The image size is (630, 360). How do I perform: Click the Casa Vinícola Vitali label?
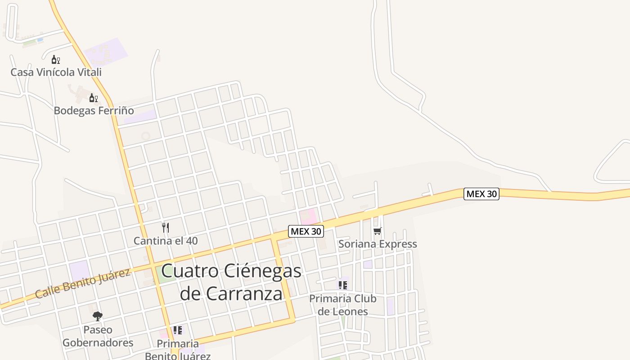click(x=56, y=72)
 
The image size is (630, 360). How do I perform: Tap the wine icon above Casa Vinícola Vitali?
click(x=55, y=59)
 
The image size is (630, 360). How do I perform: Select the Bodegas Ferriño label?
click(x=94, y=110)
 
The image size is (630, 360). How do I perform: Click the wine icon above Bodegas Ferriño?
click(x=93, y=98)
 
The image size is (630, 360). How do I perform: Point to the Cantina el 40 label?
click(x=166, y=241)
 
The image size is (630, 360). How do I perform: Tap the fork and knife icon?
click(x=166, y=228)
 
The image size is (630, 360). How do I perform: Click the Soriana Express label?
click(x=378, y=244)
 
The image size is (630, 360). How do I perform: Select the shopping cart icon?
click(x=378, y=231)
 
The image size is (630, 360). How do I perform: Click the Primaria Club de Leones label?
click(x=343, y=305)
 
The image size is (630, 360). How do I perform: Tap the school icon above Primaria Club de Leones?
click(x=343, y=285)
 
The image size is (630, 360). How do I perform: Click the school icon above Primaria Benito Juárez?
click(x=178, y=331)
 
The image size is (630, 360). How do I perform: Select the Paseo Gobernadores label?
click(x=98, y=336)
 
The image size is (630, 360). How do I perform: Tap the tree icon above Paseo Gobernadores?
click(x=98, y=316)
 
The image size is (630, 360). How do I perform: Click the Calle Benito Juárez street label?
click(x=83, y=283)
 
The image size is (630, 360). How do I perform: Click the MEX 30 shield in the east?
click(x=481, y=194)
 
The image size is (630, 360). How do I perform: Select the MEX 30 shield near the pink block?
click(x=306, y=231)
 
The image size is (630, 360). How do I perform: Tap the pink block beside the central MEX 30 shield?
click(x=308, y=216)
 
